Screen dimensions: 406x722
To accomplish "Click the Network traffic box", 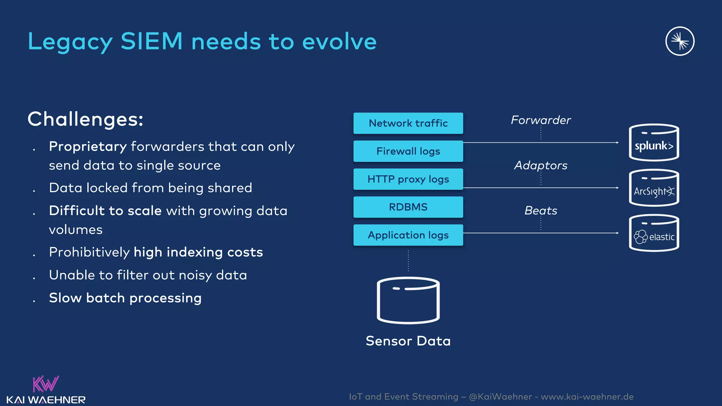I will [408, 123].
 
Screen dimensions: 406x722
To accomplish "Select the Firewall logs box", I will [408, 151].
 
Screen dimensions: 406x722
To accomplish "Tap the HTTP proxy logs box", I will [408, 179].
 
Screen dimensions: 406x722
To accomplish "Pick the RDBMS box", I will [408, 207].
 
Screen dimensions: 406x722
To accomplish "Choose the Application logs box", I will [408, 235].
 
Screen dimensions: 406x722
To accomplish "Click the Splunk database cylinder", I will [654, 143].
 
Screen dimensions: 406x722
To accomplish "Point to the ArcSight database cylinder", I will [654, 188].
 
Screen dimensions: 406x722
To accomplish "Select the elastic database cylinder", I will [654, 233].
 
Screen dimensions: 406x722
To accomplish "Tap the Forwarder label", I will [541, 120].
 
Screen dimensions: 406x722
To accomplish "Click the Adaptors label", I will [541, 165].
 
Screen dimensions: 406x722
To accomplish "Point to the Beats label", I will [541, 211].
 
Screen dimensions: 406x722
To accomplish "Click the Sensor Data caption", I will [408, 341].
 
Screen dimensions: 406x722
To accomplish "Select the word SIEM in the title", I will [152, 41].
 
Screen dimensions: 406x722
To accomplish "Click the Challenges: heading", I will [85, 119].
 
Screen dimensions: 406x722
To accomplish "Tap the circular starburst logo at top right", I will [680, 41].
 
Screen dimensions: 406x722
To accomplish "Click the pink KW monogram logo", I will [45, 384].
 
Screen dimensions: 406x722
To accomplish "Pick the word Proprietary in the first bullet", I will [88, 147].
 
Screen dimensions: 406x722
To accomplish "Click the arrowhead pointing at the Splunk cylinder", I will [617, 143].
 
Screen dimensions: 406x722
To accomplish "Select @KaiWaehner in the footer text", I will [500, 397].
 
